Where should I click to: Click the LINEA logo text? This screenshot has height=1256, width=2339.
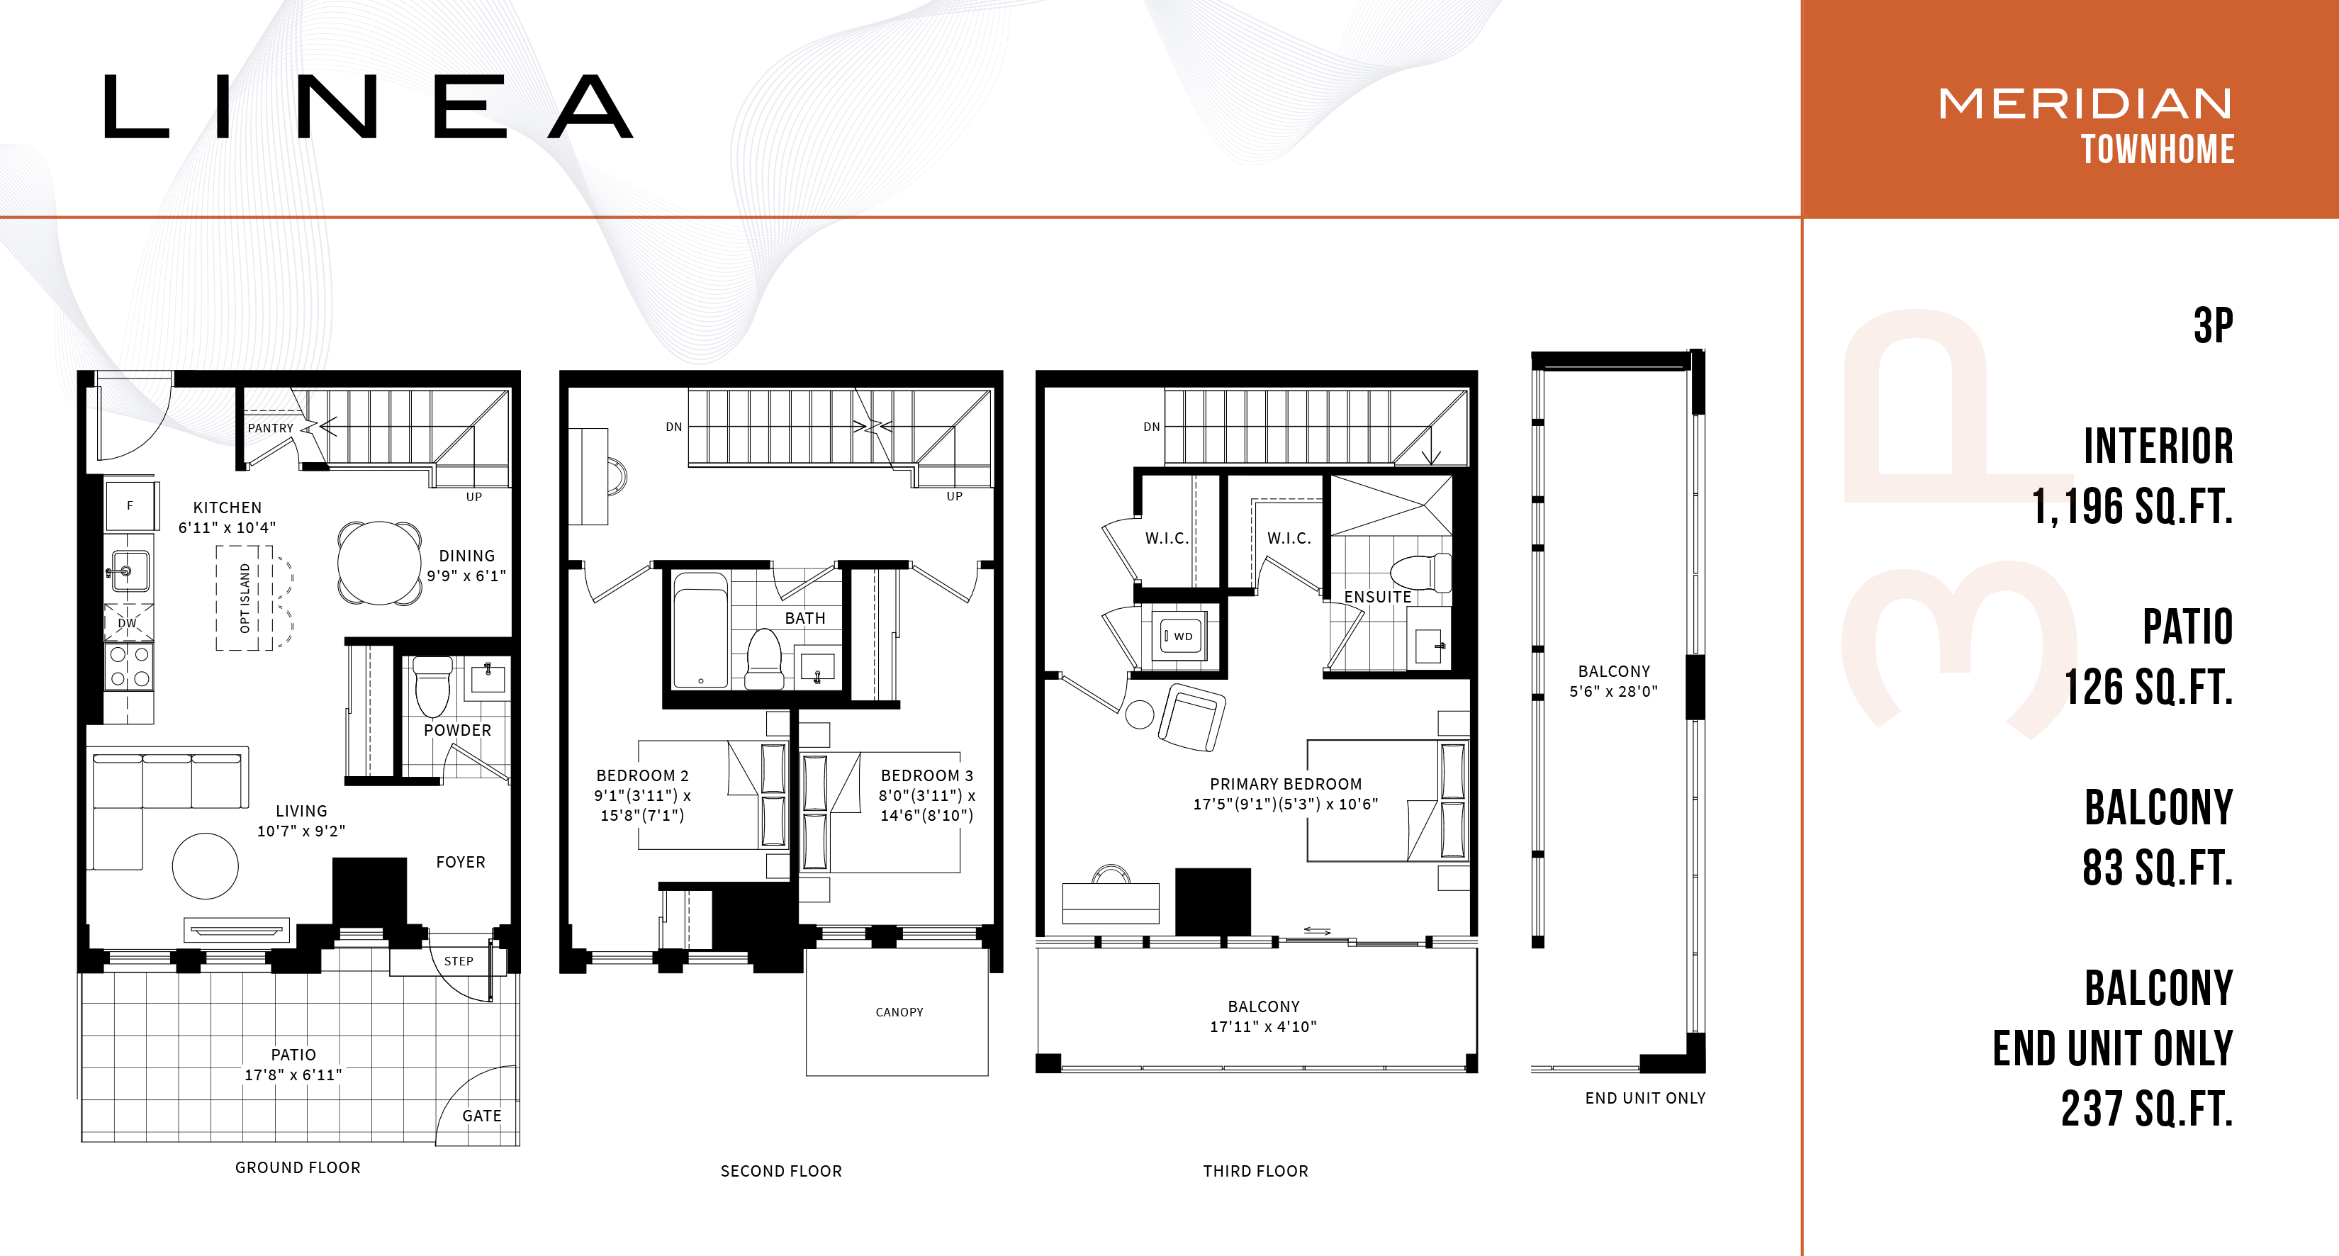pyautogui.click(x=368, y=106)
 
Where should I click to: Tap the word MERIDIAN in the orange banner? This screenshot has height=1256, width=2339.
pyautogui.click(x=2086, y=103)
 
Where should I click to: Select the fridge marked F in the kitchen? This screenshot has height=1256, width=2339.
pyautogui.click(x=130, y=506)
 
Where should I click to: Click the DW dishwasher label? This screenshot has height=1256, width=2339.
pyautogui.click(x=127, y=623)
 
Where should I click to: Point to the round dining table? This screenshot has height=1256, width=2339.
pyautogui.click(x=379, y=563)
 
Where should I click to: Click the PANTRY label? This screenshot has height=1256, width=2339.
pyautogui.click(x=271, y=427)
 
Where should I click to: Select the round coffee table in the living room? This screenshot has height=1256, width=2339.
pyautogui.click(x=206, y=866)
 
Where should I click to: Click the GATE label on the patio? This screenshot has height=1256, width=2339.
pyautogui.click(x=481, y=1115)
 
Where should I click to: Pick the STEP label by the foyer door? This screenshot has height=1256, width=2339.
pyautogui.click(x=459, y=961)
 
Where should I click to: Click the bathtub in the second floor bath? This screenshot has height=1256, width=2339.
pyautogui.click(x=700, y=629)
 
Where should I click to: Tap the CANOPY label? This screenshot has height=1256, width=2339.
pyautogui.click(x=899, y=1011)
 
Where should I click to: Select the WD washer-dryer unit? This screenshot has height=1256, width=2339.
pyautogui.click(x=1179, y=636)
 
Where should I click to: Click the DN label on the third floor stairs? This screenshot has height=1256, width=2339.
pyautogui.click(x=1151, y=427)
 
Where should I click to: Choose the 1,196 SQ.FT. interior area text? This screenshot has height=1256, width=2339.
pyautogui.click(x=2131, y=506)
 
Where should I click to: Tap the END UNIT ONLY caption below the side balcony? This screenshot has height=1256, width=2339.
pyautogui.click(x=1645, y=1098)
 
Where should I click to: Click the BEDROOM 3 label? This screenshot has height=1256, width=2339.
pyautogui.click(x=926, y=775)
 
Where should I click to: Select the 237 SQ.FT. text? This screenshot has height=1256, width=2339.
pyautogui.click(x=2146, y=1109)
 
